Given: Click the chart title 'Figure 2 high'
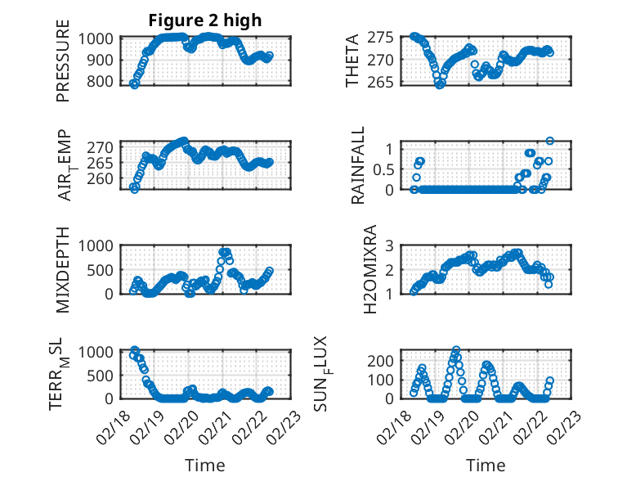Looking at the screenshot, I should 205,20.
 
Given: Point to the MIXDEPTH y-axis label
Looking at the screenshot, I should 63,270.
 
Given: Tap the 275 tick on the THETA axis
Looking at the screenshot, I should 386,37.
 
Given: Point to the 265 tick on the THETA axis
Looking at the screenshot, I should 386,82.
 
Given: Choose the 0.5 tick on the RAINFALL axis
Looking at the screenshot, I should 383,169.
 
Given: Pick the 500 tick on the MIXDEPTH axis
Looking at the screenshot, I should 103,269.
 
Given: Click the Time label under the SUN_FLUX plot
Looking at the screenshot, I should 486,465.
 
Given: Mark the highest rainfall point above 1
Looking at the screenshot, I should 550,141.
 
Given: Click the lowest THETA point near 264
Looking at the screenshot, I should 440,84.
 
